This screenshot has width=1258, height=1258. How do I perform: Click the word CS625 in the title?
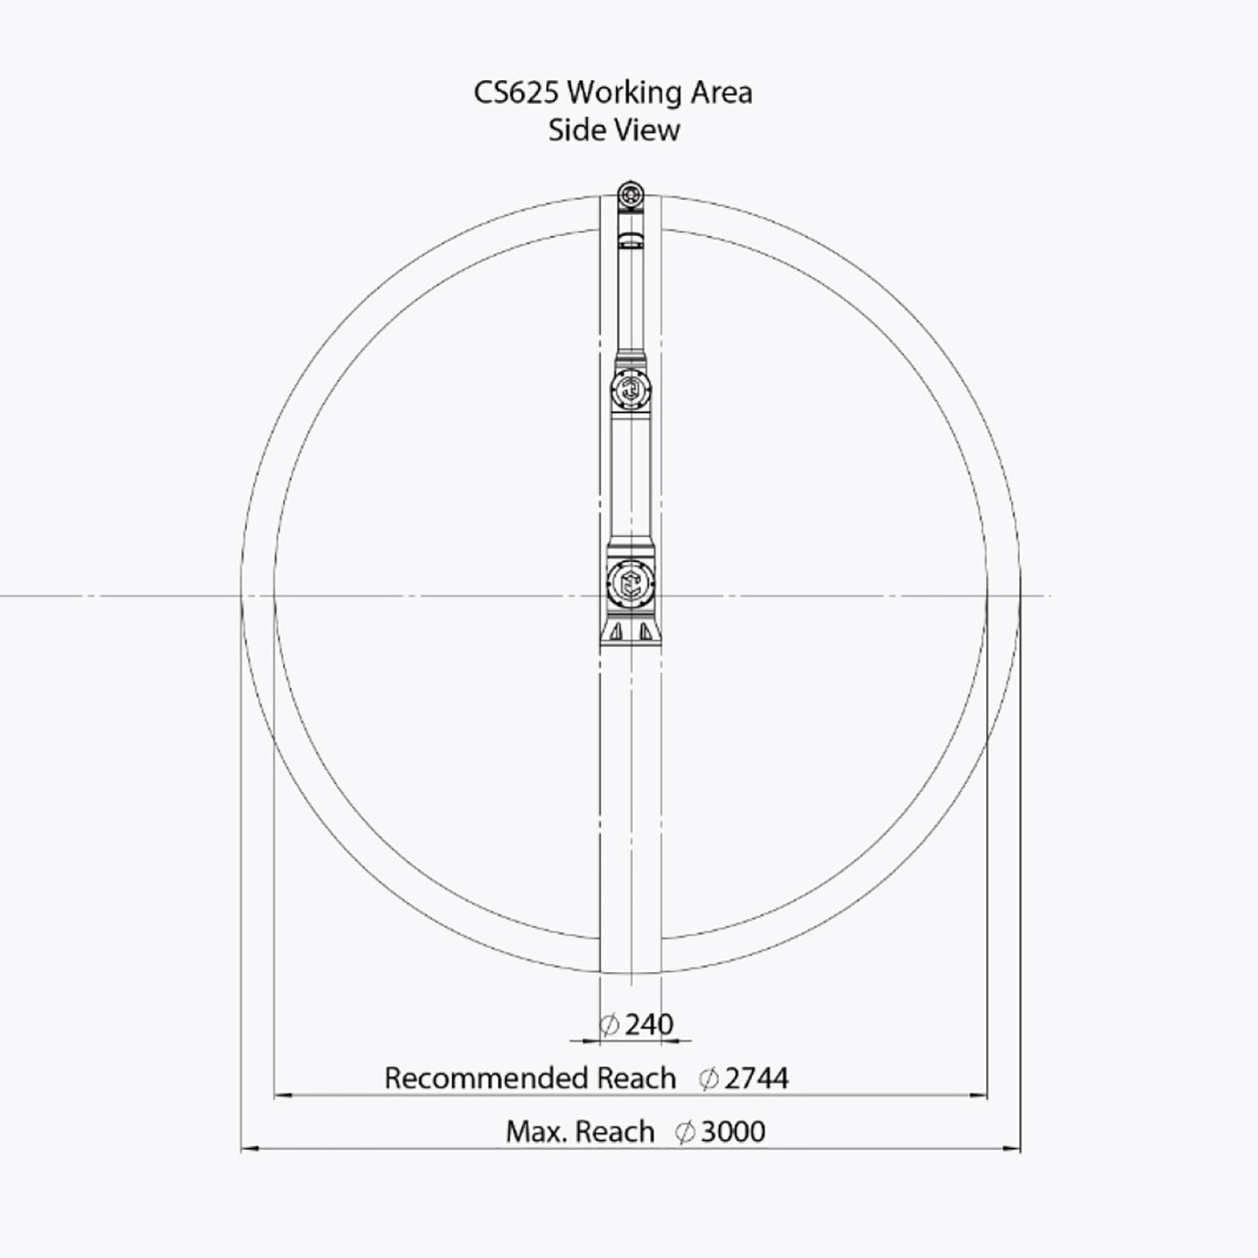515,93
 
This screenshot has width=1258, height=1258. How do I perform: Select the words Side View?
613,130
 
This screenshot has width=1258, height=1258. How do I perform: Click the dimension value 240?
649,1024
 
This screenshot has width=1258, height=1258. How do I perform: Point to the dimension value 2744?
757,1078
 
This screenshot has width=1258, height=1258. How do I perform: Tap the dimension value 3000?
733,1131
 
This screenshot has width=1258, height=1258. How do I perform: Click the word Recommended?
487,1078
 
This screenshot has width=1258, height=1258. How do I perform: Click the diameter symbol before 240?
609,1024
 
